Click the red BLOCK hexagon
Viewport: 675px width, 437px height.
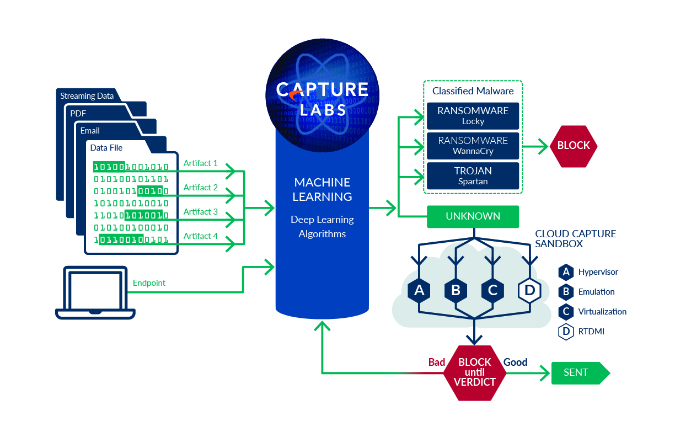click(574, 146)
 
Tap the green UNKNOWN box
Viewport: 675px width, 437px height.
click(473, 216)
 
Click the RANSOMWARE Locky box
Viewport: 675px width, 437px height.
click(473, 115)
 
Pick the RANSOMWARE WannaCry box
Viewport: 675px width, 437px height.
click(473, 145)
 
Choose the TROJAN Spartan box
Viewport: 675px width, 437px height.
click(473, 175)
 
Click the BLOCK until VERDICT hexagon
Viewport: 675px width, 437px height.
click(474, 372)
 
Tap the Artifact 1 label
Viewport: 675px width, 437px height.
click(200, 163)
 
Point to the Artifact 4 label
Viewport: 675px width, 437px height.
click(200, 236)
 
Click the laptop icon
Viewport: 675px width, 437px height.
click(95, 292)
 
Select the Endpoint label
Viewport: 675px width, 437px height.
click(149, 283)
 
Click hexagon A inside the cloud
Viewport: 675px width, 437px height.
click(419, 290)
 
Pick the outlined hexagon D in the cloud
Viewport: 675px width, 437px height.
click(529, 290)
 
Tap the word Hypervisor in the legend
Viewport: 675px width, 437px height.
click(598, 272)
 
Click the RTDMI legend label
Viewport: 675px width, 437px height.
click(591, 332)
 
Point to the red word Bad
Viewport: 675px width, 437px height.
click(437, 363)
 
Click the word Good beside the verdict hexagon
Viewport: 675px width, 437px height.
click(515, 363)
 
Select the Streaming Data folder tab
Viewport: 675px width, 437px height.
click(87, 96)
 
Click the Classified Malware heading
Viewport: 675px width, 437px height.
click(473, 91)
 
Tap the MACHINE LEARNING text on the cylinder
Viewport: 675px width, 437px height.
click(322, 189)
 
